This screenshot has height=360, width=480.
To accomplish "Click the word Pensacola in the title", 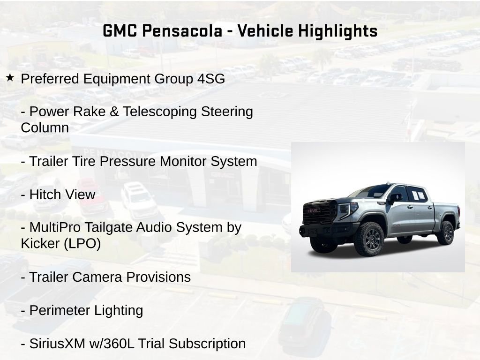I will coord(181,31).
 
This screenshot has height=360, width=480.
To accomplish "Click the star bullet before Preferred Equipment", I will coord(10,78).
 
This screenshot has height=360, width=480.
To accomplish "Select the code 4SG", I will coord(208,79).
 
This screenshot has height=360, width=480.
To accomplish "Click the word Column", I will coord(45,128).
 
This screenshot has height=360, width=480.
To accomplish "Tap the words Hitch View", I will coord(62,195).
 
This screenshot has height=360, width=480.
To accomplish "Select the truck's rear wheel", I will coord(445,232).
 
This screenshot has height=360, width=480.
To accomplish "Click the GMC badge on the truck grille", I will coord(314,210).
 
